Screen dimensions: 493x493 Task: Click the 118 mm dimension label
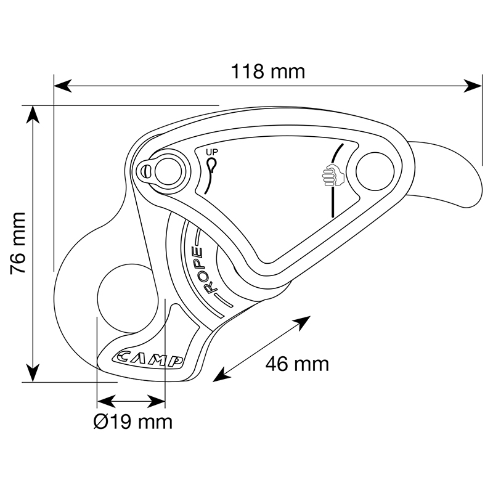[x=268, y=71]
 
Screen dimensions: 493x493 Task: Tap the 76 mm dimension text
[x=18, y=243]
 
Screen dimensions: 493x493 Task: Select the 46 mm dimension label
[x=297, y=364]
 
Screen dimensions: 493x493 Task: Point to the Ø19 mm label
[x=133, y=422]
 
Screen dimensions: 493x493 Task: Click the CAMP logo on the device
[x=147, y=359]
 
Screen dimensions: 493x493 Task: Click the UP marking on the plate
[x=212, y=152]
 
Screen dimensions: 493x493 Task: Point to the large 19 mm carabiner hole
[x=128, y=298]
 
